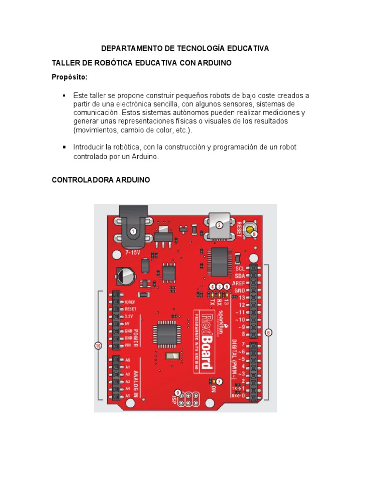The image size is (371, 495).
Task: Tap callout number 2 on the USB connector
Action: pyautogui.click(x=219, y=225)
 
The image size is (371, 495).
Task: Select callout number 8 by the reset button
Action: pyautogui.click(x=255, y=234)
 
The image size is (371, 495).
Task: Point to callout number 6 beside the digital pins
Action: pyautogui.click(x=269, y=333)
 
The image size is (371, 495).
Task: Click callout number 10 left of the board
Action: pyautogui.click(x=98, y=346)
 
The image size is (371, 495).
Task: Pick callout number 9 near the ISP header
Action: pyautogui.click(x=178, y=392)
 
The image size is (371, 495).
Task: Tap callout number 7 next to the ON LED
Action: pyautogui.click(x=219, y=381)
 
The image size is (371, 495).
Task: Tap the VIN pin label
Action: pyautogui.click(x=128, y=346)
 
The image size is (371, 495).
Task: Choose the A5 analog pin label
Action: pyautogui.click(x=128, y=396)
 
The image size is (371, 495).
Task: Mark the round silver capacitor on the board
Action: pyautogui.click(x=126, y=277)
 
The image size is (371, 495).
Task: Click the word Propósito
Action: pyautogui.click(x=70, y=77)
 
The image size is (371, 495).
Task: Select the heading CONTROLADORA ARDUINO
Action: pyautogui.click(x=100, y=180)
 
